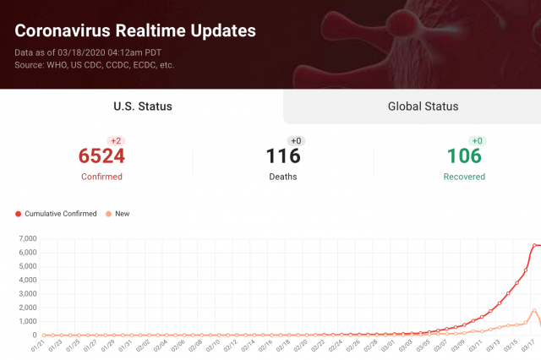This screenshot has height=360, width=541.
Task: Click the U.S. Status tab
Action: (143, 106)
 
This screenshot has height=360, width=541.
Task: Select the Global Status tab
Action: (423, 106)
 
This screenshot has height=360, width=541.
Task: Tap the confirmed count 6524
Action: (101, 156)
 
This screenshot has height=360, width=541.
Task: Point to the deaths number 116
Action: (283, 156)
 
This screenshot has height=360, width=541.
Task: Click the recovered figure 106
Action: (464, 156)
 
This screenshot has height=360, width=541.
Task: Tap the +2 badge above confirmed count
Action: (115, 140)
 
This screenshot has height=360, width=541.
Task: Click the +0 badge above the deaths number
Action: (296, 140)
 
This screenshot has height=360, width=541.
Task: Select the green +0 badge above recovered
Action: (477, 140)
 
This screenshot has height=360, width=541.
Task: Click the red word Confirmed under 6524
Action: (101, 177)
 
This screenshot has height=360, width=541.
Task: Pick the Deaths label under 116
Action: (283, 177)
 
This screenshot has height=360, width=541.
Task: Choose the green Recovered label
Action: (464, 177)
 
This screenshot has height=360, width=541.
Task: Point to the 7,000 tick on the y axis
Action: (27, 239)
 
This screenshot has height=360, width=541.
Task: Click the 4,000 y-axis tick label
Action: (27, 281)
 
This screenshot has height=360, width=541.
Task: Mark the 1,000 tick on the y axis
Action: (27, 322)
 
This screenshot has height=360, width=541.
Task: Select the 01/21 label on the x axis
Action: (38, 346)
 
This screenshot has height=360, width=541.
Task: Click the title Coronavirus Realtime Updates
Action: (135, 31)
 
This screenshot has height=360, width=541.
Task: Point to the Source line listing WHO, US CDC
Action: (95, 64)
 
